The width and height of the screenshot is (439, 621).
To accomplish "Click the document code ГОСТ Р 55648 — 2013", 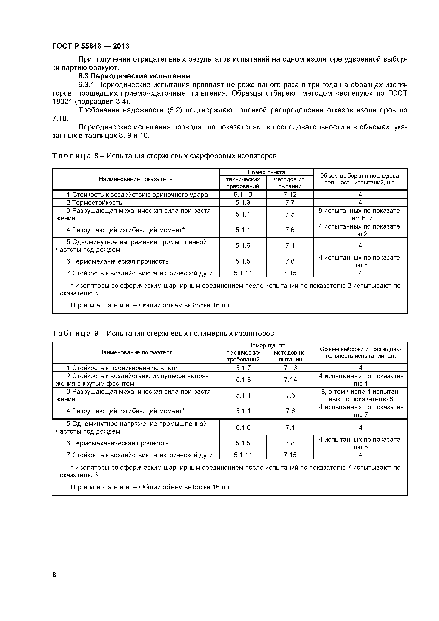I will click(x=91, y=46).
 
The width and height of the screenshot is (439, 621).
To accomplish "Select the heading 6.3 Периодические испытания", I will click(x=134, y=76).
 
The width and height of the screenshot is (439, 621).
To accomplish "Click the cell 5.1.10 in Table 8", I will click(x=243, y=195).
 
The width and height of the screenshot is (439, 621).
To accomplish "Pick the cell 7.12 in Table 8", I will click(x=290, y=195).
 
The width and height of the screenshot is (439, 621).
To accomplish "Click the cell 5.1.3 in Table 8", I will click(x=243, y=203).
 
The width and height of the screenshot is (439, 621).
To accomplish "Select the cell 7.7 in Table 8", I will click(x=290, y=203).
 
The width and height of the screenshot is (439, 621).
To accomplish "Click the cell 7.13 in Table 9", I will click(x=290, y=368).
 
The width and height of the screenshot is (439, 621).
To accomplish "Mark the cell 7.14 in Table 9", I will click(x=290, y=380).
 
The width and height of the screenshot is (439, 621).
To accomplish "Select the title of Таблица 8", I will click(x=164, y=156).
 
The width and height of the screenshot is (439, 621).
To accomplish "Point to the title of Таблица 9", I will click(x=163, y=334).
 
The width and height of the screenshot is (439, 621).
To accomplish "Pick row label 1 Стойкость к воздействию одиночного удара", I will click(x=137, y=195).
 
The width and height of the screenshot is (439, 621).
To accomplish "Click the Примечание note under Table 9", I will click(x=151, y=487).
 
